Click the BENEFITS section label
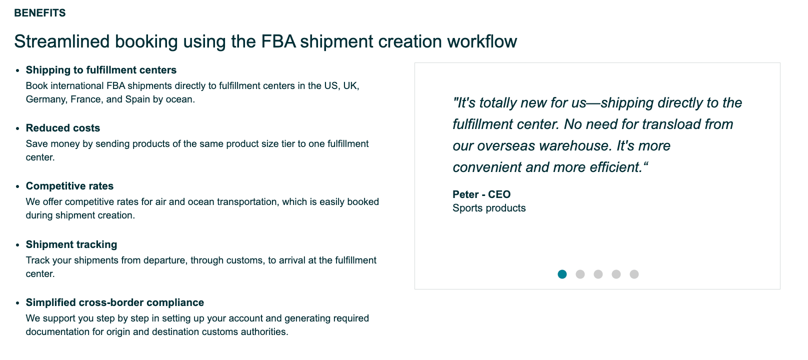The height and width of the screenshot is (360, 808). pos(39,13)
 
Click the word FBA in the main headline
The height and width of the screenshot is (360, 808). pos(278,41)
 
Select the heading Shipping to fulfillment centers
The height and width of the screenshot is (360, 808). pos(101,70)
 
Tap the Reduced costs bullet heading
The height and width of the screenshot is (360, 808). pos(63,128)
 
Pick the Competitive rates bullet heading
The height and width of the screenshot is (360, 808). pos(69,186)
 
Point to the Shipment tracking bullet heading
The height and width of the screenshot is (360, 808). pos(71,244)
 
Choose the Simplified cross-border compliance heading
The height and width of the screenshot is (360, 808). pos(114,302)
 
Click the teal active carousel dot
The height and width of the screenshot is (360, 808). pos(562,274)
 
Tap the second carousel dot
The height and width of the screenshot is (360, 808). pos(580,274)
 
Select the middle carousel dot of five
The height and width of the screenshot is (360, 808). pos(598,274)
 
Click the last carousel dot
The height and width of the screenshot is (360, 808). pos(634,274)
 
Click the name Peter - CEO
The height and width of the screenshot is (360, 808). pos(481,194)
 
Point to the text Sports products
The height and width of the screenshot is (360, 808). pos(489,208)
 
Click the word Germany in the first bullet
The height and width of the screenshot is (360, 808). pos(46,99)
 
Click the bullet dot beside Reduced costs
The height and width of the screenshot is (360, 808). pos(17,128)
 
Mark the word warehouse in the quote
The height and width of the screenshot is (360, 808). pos(575,146)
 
